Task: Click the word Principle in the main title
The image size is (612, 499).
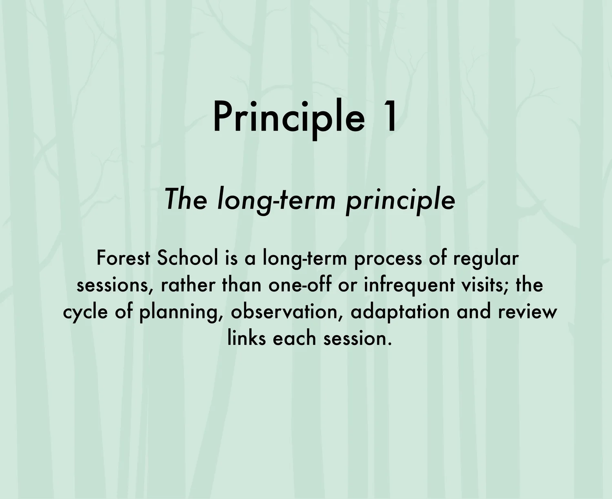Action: coord(288,117)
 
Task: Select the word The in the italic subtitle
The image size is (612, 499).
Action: coord(186,199)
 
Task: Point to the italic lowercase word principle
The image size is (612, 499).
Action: coord(400,200)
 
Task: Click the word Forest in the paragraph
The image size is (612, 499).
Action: coord(124,258)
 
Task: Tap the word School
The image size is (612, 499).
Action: coord(187,258)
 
